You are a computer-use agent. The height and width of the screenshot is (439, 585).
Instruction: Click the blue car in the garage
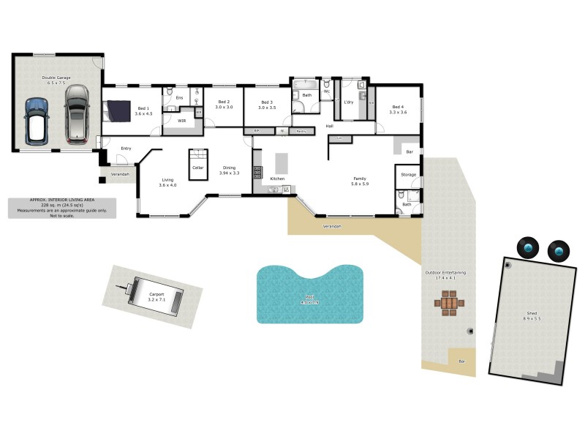point(36,121)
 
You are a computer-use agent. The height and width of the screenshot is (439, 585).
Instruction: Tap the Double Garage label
point(56,79)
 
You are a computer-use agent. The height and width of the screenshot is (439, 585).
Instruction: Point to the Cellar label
point(197,168)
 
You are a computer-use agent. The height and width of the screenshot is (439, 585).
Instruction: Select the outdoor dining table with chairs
point(448,302)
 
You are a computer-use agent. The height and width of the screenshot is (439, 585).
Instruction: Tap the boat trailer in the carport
point(152,294)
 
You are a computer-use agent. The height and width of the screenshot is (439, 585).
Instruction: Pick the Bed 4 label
point(398,108)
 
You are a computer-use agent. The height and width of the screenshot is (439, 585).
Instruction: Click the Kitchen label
point(277,179)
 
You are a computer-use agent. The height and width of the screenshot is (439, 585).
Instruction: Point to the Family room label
point(360,179)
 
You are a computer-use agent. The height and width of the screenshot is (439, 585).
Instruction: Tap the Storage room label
point(408,175)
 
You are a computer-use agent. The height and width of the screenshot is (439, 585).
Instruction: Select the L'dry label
point(348,102)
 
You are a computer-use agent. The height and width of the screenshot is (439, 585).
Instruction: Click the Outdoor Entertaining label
point(445,272)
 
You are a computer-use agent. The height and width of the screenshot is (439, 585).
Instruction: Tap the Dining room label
point(230,168)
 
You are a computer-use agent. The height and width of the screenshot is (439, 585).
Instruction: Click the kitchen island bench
point(281,163)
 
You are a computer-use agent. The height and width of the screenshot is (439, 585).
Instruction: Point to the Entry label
point(127,149)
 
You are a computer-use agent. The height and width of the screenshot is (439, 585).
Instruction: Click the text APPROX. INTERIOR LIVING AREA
point(62,200)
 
